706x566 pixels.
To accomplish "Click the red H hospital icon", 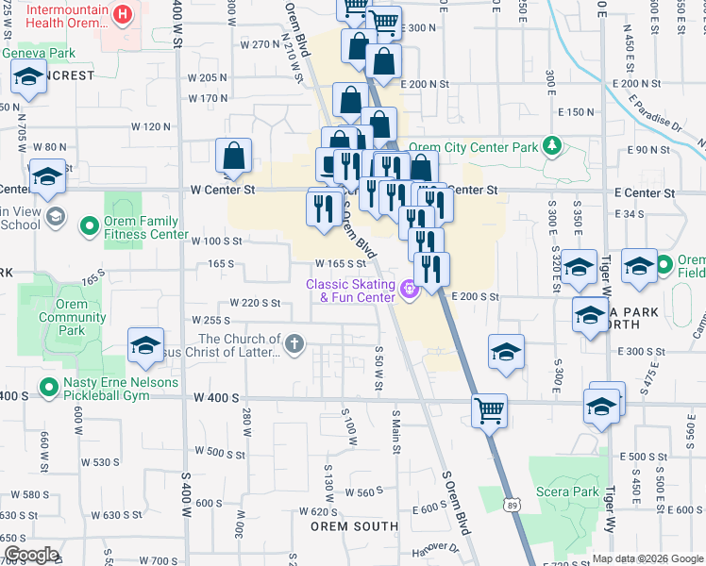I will pyautogui.click(x=122, y=15).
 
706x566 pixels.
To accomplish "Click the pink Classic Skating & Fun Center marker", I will pyautogui.click(x=408, y=290).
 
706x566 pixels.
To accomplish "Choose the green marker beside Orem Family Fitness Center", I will pyautogui.click(x=90, y=226).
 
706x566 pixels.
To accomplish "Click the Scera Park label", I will pyautogui.click(x=571, y=491).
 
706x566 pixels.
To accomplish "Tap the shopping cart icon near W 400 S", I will pyautogui.click(x=489, y=410).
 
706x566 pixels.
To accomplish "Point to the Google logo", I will pyautogui.click(x=30, y=554).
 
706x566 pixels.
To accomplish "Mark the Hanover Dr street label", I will pyautogui.click(x=439, y=546).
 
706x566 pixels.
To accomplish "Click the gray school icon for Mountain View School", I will pyautogui.click(x=56, y=218).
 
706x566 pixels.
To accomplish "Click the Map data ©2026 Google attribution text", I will pyautogui.click(x=647, y=558).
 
